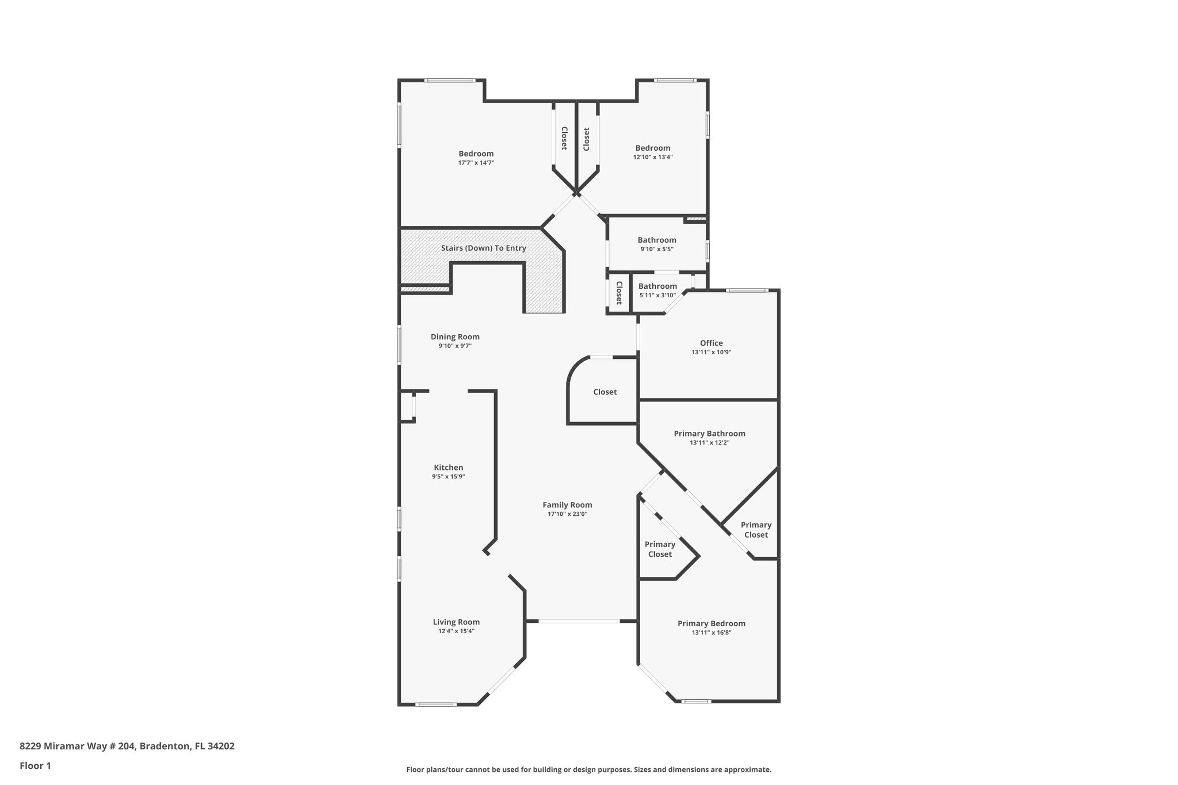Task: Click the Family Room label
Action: (x=567, y=505)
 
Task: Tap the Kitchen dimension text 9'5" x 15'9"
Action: (x=448, y=477)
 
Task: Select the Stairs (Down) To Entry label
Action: (x=483, y=248)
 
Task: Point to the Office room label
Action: (x=711, y=343)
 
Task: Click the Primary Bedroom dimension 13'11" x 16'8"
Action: (x=711, y=633)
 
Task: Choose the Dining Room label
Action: (x=455, y=336)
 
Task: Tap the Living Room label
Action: (x=456, y=622)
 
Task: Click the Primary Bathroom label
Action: (x=709, y=434)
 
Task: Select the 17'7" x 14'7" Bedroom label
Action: (x=476, y=154)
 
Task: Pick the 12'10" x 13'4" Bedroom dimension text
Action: (x=653, y=157)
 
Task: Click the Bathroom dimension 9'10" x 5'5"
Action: (x=657, y=249)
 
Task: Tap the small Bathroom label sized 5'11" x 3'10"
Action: (x=657, y=286)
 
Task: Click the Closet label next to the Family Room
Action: (x=605, y=392)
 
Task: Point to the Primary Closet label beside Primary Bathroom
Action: (x=756, y=530)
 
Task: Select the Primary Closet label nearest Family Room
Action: (x=660, y=549)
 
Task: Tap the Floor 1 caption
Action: (x=35, y=765)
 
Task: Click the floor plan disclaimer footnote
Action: (x=588, y=769)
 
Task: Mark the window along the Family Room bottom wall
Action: (x=579, y=621)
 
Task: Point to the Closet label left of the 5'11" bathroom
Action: (x=619, y=293)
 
